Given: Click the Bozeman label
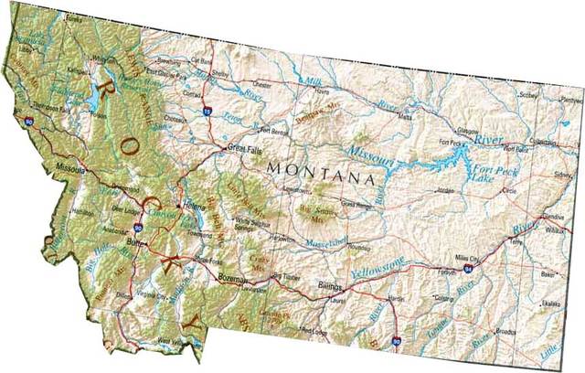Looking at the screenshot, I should click(x=232, y=278).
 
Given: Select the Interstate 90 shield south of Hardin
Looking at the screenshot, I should click(x=395, y=341).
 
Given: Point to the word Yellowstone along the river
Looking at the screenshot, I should click(x=377, y=269).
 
